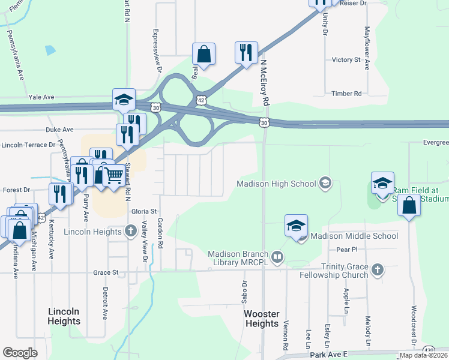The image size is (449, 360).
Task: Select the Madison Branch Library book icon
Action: click(277, 258)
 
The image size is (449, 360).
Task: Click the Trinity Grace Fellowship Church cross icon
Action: click(378, 268)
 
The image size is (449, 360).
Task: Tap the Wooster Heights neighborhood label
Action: click(262, 319)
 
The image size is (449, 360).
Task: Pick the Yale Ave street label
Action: click(41, 97)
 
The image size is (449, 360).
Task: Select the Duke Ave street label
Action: click(59, 129)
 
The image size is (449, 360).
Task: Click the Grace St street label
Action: click(106, 272)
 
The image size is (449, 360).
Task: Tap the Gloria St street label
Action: click(143, 211)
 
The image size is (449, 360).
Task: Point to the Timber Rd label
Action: click(349, 94)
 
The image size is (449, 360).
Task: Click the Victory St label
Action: click(346, 60)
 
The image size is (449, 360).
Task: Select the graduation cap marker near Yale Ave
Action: click(124, 100)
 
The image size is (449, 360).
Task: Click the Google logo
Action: click(20, 353)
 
